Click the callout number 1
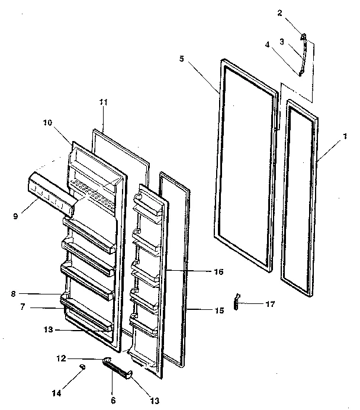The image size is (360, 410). tap(345, 136)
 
